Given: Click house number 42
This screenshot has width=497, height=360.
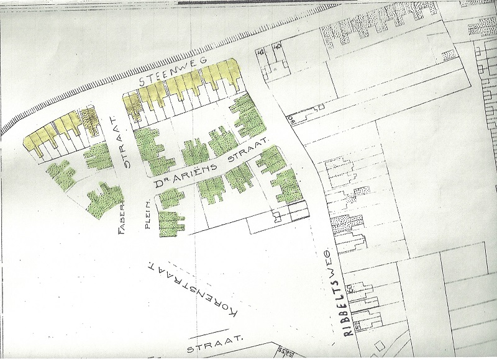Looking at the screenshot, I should pyautogui.click(x=260, y=53).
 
